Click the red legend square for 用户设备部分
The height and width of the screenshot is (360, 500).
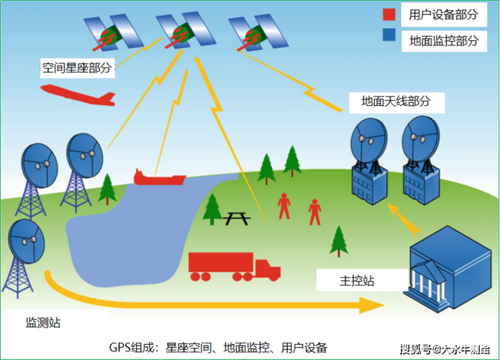pyautogui.click(x=388, y=14)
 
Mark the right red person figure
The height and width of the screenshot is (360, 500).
pyautogui.click(x=314, y=212)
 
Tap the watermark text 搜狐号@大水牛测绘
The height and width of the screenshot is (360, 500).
pyautogui.click(x=446, y=349)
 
